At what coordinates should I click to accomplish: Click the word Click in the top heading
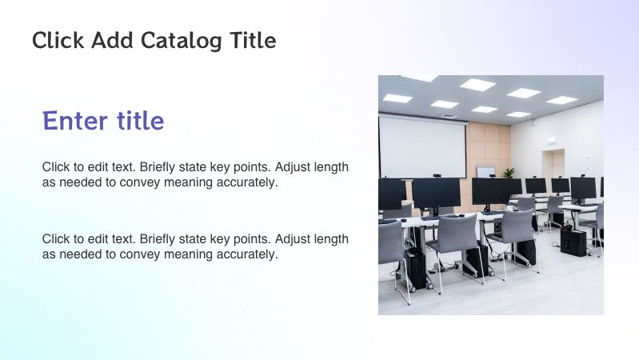click(58, 40)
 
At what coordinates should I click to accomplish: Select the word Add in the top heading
click(113, 40)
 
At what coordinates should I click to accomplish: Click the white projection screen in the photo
click(421, 147)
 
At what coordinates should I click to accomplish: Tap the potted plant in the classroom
click(508, 172)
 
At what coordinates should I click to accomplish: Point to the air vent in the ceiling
click(451, 116)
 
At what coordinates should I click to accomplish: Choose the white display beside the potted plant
click(485, 171)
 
